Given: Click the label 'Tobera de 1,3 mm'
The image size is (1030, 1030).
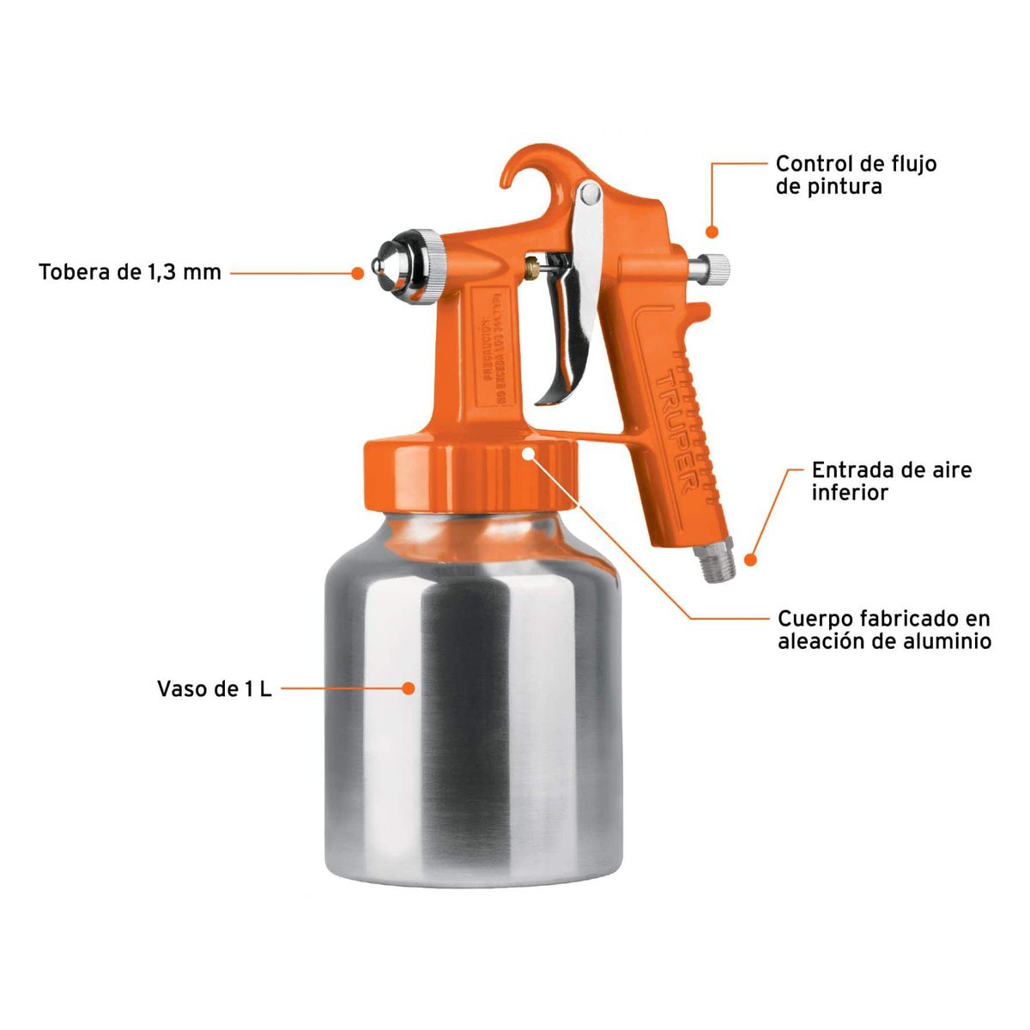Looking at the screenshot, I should coord(130,273).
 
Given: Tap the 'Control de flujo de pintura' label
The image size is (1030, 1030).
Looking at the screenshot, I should coord(855,174).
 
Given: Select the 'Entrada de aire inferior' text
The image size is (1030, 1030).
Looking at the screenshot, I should coord(891,481).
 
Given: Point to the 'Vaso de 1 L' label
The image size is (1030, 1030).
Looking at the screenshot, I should coord(214,688).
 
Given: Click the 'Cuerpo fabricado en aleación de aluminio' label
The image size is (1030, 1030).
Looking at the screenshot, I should coord(883,629).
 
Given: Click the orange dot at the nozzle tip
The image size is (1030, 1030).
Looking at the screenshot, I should coord(358,273).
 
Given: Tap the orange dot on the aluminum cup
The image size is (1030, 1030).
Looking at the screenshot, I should coord(409,688).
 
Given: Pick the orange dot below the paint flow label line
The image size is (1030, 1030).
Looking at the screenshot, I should coord(712,231).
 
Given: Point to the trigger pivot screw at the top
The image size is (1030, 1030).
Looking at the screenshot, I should coord(589,195).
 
